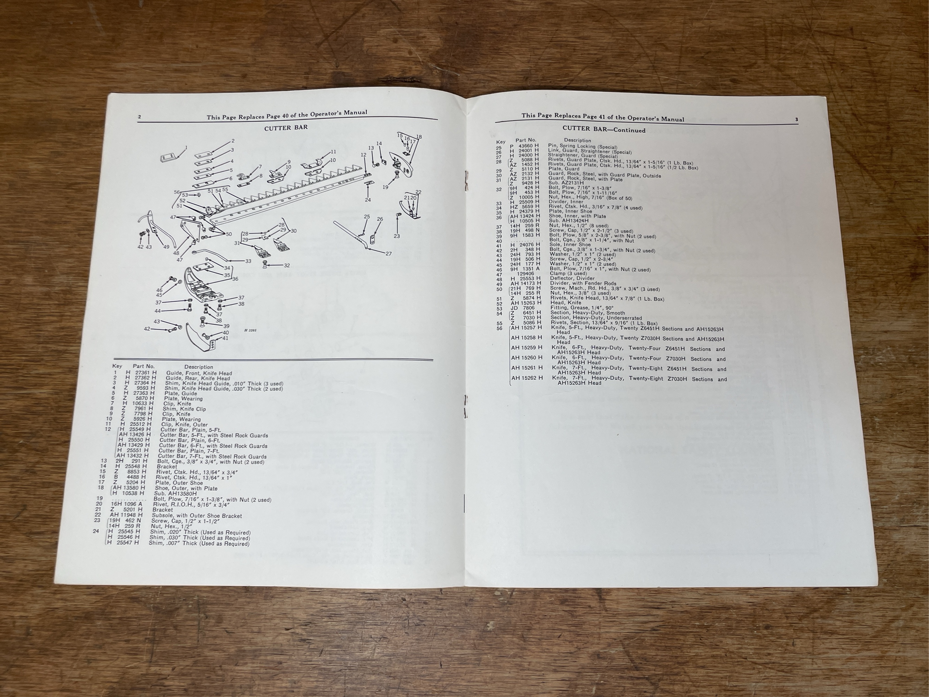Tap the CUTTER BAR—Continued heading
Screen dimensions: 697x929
tap(604, 130)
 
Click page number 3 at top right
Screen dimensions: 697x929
tap(796, 120)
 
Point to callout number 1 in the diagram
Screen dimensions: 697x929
tap(186, 147)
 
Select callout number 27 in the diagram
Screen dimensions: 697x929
tap(389, 253)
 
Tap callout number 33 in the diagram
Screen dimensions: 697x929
tap(248, 261)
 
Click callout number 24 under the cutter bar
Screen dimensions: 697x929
tap(368, 200)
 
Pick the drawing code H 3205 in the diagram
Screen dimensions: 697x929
tap(250, 330)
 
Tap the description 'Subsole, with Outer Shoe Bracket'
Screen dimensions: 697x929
tap(196, 515)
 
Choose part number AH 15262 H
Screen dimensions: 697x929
tap(527, 378)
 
